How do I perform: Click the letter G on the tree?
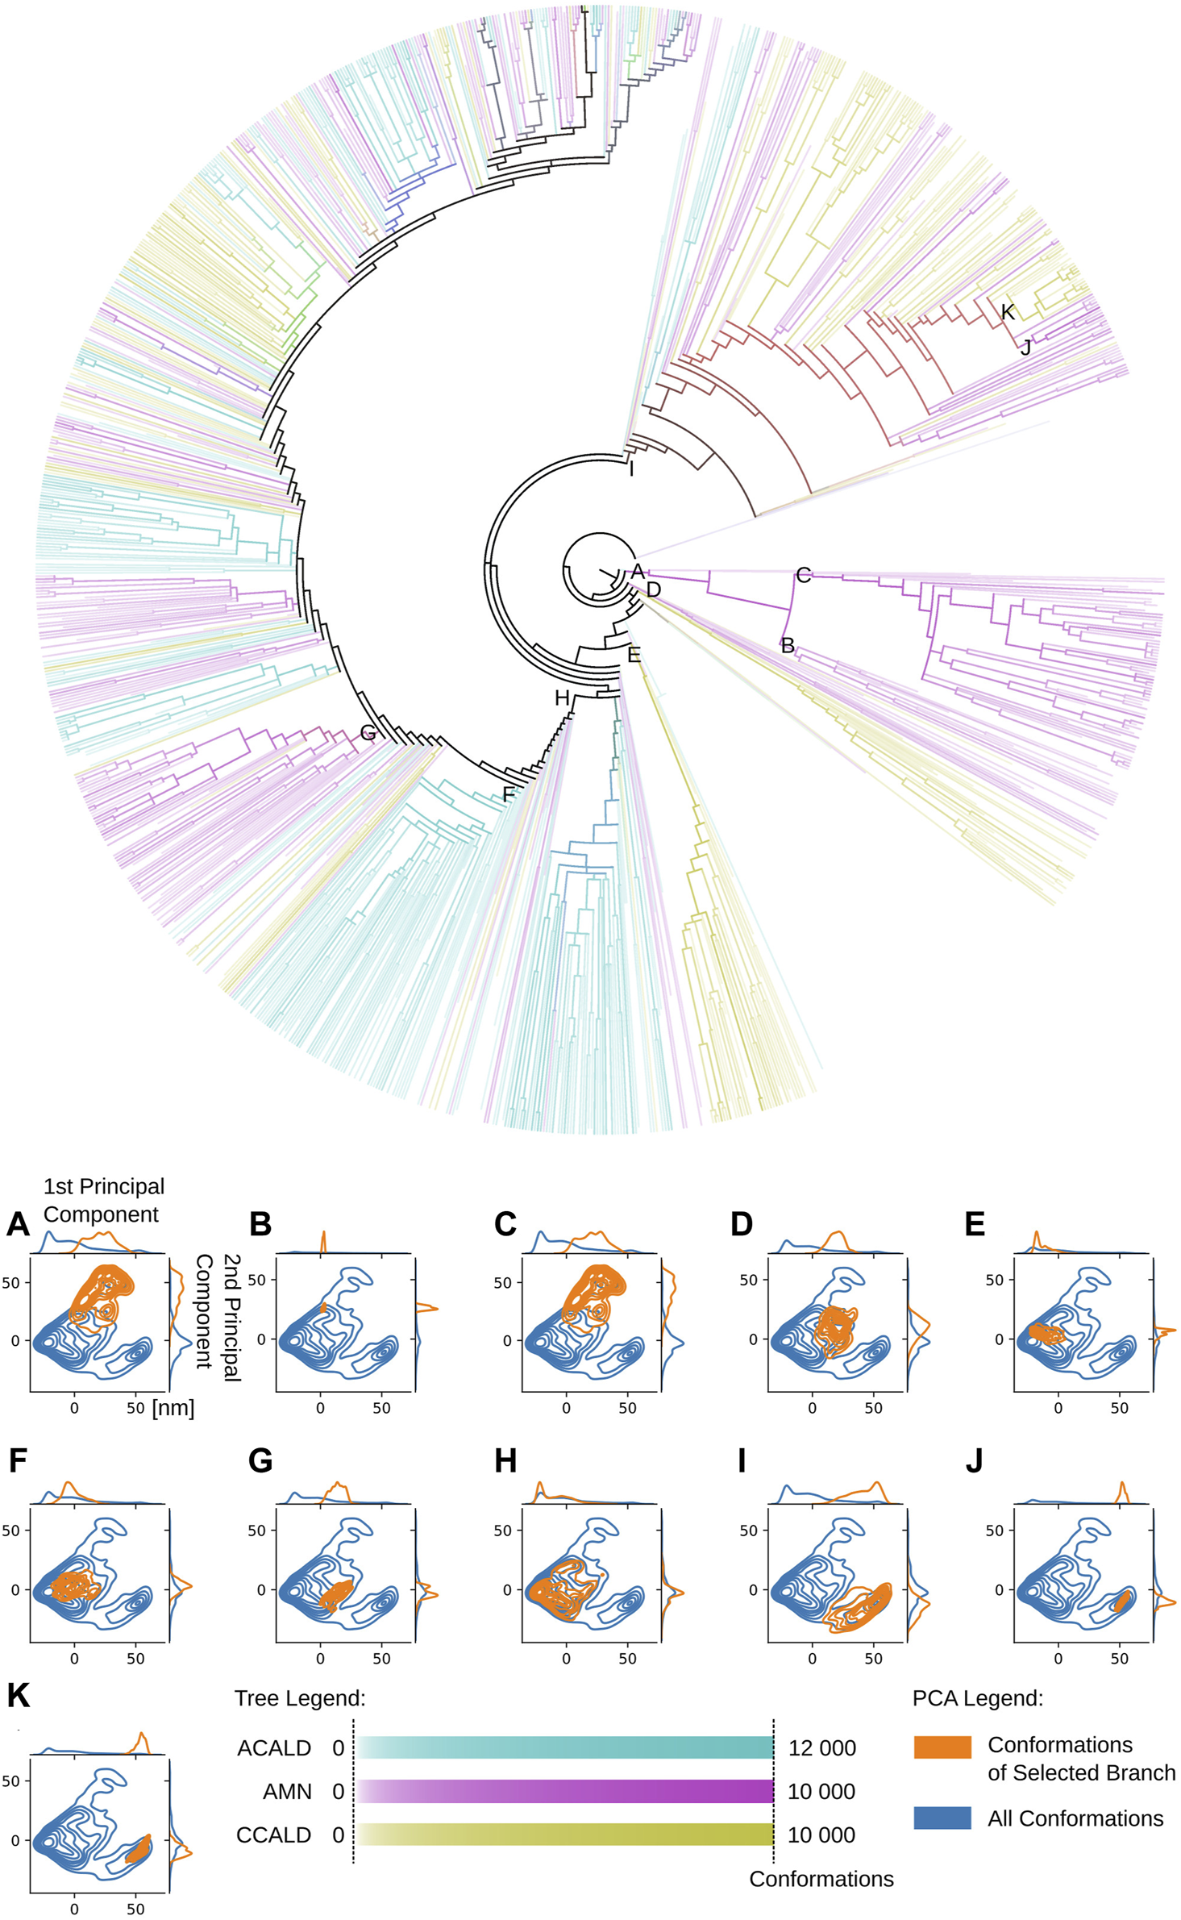coord(368,732)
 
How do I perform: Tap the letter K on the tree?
coord(1007,312)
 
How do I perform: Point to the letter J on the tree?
coord(1025,348)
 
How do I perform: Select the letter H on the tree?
coord(562,698)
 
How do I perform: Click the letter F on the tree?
coord(508,794)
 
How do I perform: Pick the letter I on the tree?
coord(631,469)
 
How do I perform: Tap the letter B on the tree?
coord(788,645)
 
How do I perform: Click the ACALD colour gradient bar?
coord(564,1747)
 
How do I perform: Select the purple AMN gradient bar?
coord(564,1791)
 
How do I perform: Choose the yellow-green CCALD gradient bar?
coord(564,1835)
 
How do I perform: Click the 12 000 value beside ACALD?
coord(821,1748)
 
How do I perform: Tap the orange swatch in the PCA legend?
coord(942,1747)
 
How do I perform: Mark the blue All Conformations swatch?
coord(942,1818)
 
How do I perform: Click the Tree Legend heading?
coord(300,1698)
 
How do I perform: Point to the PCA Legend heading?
coord(977,1698)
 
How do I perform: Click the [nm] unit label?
coord(173,1408)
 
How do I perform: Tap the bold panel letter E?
coord(975,1223)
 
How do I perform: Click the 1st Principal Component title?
coord(103,1200)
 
